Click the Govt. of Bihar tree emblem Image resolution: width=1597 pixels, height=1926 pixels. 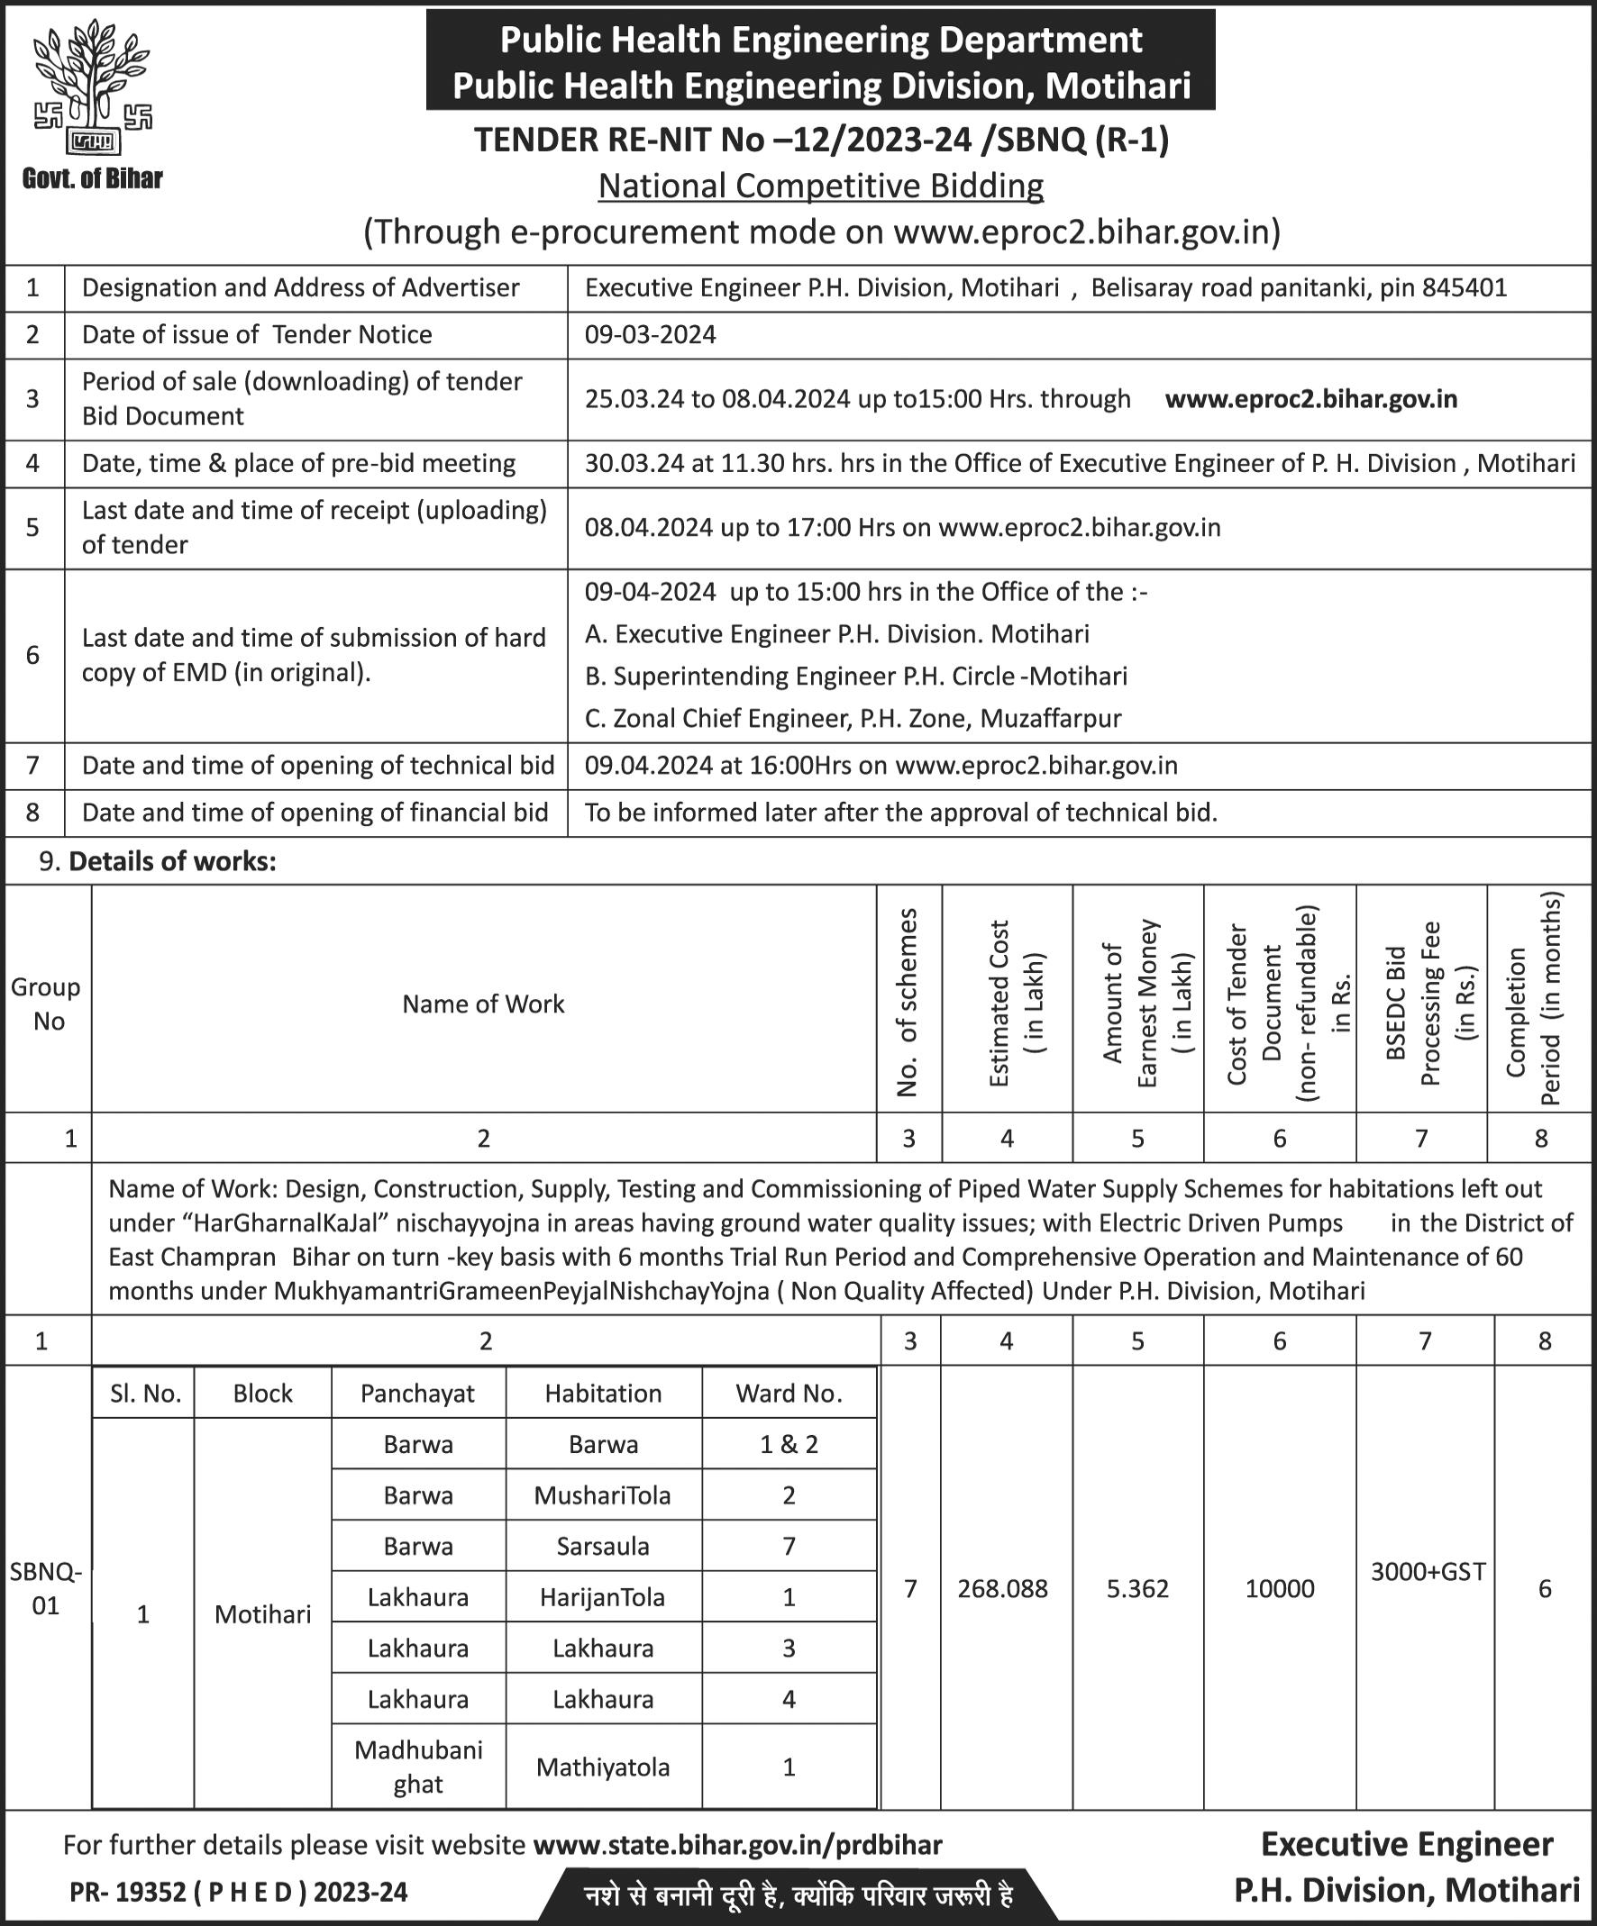click(93, 92)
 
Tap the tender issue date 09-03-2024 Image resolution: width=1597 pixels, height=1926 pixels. click(651, 335)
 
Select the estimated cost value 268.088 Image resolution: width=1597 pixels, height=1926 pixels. click(1002, 1588)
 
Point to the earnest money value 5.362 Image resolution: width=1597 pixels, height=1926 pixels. click(1137, 1588)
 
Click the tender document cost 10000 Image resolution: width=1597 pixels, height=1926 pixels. click(1280, 1588)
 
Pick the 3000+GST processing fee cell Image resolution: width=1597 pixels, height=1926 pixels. click(1428, 1572)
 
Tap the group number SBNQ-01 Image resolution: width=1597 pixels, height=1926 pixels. click(46, 1588)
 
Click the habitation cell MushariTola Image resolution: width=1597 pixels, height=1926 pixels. click(603, 1496)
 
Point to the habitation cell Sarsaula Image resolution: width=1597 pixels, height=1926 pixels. click(603, 1547)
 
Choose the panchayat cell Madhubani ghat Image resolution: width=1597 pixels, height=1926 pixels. click(418, 1767)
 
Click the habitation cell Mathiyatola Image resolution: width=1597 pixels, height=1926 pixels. click(603, 1767)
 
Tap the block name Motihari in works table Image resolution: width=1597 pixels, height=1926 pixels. click(262, 1614)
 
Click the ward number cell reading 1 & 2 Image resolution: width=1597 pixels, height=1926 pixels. click(789, 1445)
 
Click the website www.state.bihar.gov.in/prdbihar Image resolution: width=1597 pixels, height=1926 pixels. click(736, 1843)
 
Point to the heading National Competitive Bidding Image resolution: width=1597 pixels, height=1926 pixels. click(821, 186)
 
